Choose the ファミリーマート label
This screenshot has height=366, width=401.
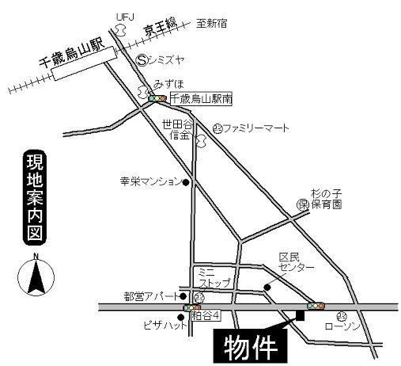[x=256, y=128]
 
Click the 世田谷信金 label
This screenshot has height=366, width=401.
[x=176, y=130]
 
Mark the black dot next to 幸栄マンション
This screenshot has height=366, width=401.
[x=187, y=182]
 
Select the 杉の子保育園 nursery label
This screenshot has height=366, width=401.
[x=325, y=199]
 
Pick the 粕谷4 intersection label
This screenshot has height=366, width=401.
[x=213, y=315]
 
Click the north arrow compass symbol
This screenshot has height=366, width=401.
[x=35, y=277]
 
